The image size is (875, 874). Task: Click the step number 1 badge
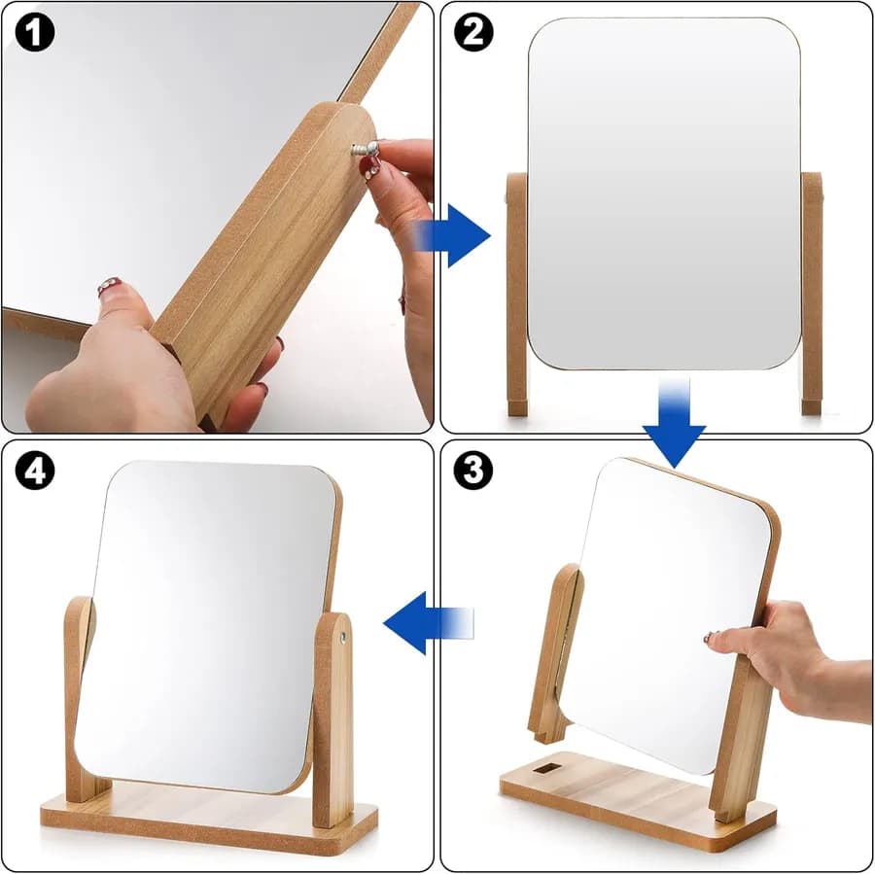(35, 32)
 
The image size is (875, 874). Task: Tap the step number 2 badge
(473, 32)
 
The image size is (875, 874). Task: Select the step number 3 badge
(473, 470)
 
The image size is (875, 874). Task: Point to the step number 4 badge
(35, 470)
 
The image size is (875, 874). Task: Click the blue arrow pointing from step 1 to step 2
(451, 235)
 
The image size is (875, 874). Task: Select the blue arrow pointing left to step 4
(429, 623)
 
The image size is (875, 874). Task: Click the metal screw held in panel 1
(366, 149)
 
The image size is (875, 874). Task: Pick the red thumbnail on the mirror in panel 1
(109, 286)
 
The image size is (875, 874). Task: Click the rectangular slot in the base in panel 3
(546, 769)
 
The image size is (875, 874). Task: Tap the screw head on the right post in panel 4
(342, 636)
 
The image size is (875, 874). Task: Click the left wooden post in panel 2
(517, 295)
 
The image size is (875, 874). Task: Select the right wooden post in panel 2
(812, 294)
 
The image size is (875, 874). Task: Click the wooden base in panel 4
(209, 818)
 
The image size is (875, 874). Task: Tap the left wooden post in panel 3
(554, 653)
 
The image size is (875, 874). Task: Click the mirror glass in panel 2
(664, 193)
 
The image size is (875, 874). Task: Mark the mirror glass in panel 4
(206, 625)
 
